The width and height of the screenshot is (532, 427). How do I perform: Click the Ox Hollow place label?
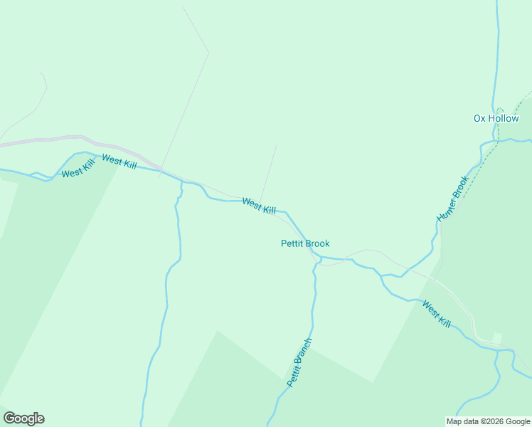point(496,118)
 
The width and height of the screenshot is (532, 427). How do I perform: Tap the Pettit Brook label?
point(305,243)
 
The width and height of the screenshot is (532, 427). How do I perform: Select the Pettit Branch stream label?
point(299,362)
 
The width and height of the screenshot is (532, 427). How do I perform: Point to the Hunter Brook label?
point(452,199)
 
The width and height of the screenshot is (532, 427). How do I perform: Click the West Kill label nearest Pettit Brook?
point(258,206)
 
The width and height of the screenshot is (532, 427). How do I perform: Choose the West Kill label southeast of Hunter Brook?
point(436,314)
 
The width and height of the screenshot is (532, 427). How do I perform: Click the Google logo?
point(23,418)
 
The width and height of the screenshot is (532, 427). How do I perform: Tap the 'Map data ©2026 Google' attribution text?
point(488,421)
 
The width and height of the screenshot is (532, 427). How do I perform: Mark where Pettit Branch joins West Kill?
point(317,258)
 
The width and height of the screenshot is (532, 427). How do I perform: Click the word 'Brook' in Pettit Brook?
point(317,243)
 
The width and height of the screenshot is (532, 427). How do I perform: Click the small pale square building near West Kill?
point(497,337)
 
